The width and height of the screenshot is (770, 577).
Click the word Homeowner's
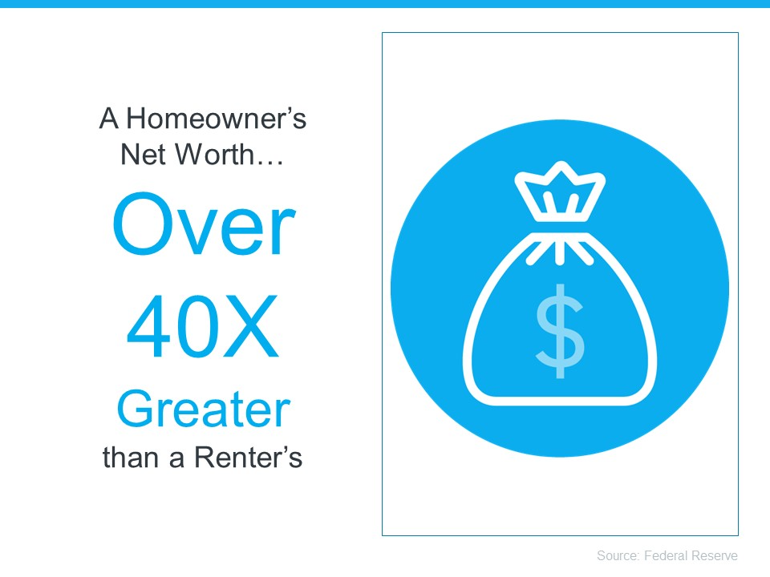pyautogui.click(x=216, y=119)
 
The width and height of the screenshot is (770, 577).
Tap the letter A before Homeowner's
pyautogui.click(x=108, y=119)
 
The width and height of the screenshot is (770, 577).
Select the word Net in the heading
pyautogui.click(x=144, y=154)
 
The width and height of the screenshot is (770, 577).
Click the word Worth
pyautogui.click(x=214, y=154)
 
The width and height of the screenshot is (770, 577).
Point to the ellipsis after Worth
pyautogui.click(x=269, y=163)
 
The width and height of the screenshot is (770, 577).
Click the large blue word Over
pyautogui.click(x=204, y=224)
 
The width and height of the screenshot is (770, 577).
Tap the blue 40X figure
pyautogui.click(x=202, y=326)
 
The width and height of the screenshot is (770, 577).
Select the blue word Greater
pyautogui.click(x=203, y=410)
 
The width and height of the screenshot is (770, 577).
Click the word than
pyautogui.click(x=130, y=458)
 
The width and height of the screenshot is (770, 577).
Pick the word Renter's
pyautogui.click(x=248, y=458)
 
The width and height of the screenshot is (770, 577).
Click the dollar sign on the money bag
pyautogui.click(x=560, y=331)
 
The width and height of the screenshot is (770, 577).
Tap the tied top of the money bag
pyautogui.click(x=560, y=192)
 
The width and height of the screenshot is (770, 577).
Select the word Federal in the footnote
pyautogui.click(x=667, y=555)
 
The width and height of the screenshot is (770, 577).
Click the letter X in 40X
pyautogui.click(x=252, y=326)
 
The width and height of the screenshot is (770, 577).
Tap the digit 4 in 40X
pyautogui.click(x=148, y=326)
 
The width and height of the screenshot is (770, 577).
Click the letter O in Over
pyautogui.click(x=144, y=224)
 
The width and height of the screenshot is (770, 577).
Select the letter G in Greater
pyautogui.click(x=135, y=409)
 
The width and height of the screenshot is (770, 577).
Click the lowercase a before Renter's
pyautogui.click(x=176, y=460)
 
